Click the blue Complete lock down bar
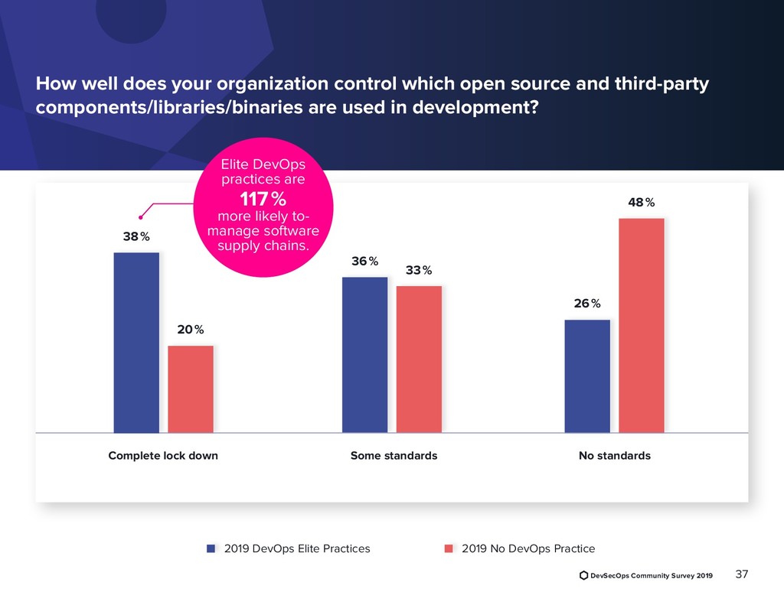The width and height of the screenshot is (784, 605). tap(136, 343)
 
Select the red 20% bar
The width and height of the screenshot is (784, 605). tap(191, 389)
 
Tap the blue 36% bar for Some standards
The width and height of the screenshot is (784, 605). tap(364, 355)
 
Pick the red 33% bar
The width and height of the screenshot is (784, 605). tap(419, 359)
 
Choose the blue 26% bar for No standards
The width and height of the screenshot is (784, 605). tap(587, 376)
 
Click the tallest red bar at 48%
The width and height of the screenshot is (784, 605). tap(642, 326)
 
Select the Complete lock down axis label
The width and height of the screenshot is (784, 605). tap(163, 456)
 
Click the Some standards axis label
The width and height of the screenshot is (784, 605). tap(394, 456)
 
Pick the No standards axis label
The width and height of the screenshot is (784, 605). tap(615, 456)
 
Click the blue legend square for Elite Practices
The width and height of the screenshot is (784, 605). tap(211, 548)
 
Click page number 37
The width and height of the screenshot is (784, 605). tap(741, 574)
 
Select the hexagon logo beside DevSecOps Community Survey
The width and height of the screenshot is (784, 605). tap(583, 575)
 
